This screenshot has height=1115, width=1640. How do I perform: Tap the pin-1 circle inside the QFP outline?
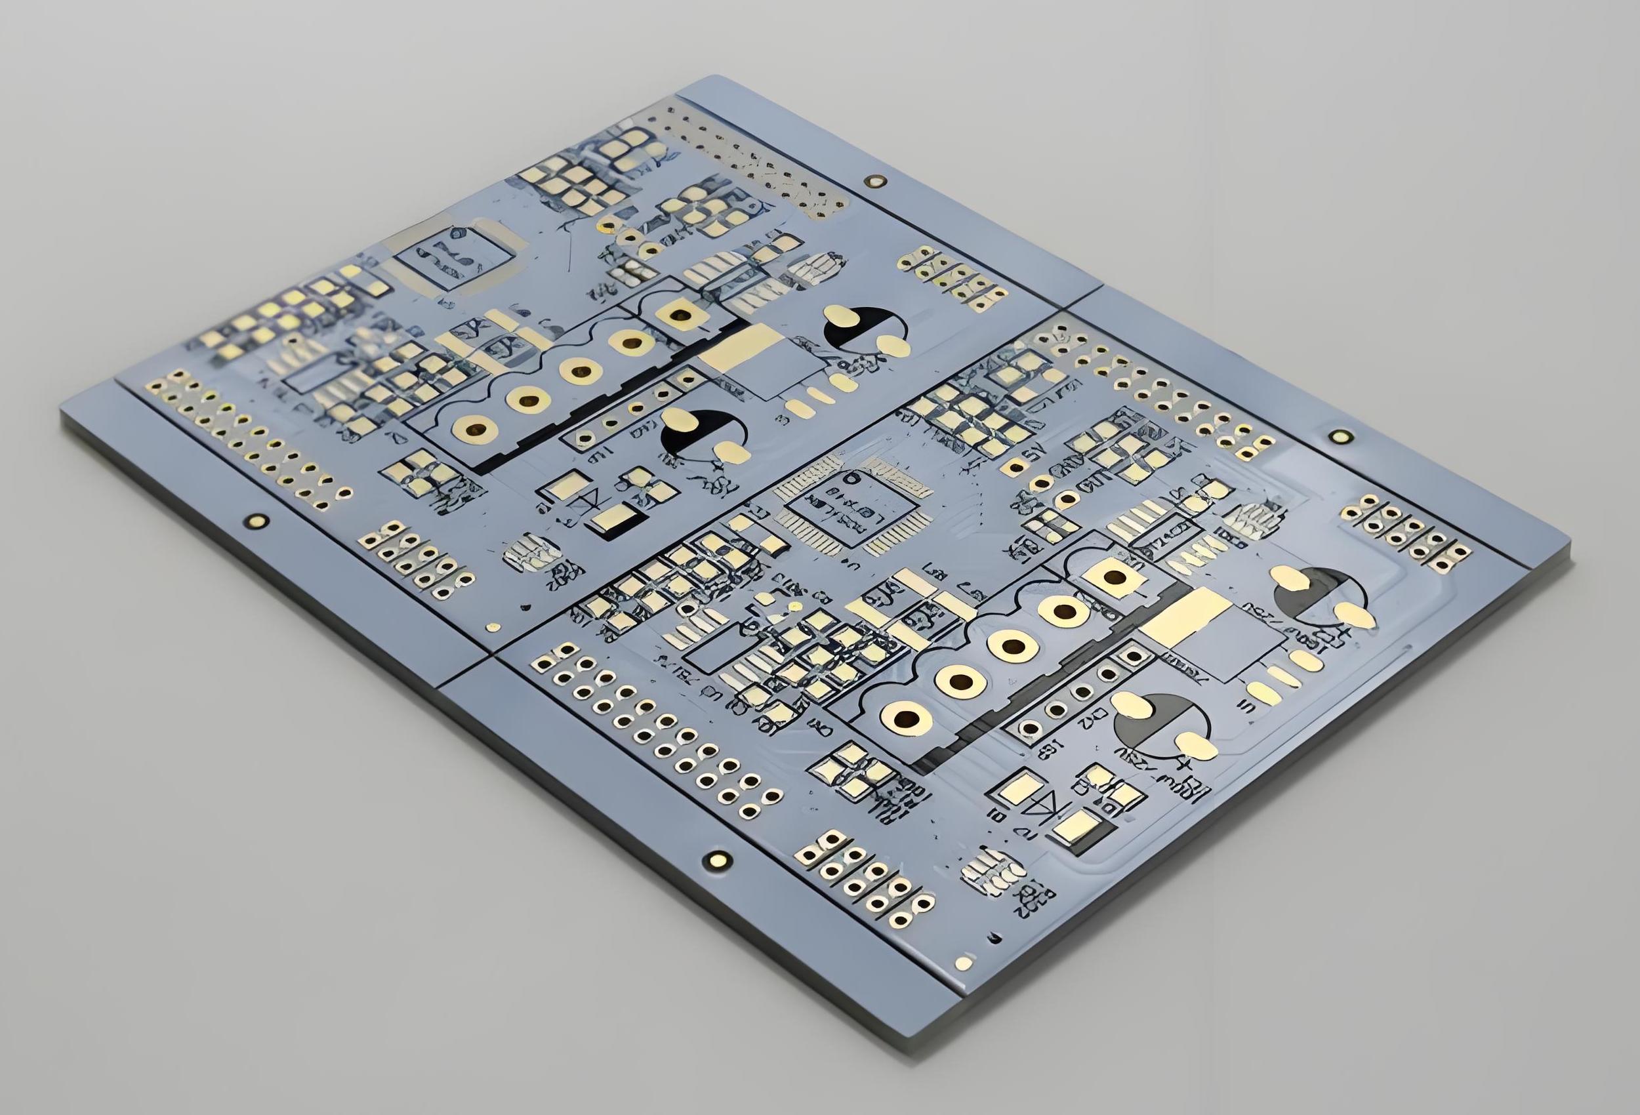coord(855,477)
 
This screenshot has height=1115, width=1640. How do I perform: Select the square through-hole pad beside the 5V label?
coord(1014,466)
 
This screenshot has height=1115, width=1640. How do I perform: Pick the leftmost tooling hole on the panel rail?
coord(255,521)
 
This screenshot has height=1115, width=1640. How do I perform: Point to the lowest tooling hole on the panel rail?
coord(718,859)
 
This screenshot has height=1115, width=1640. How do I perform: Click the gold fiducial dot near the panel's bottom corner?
coord(963,963)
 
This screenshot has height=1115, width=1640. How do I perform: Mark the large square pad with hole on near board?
coord(1115,577)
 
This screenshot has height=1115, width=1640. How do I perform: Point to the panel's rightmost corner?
coord(1569,545)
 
